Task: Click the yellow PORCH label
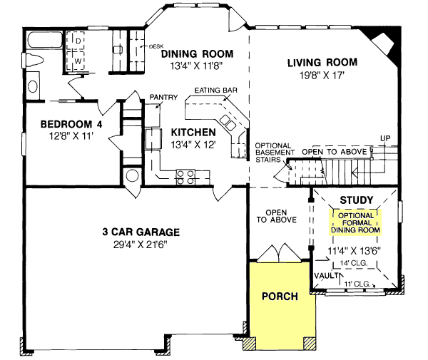(x=280, y=296)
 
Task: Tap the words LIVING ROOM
(x=322, y=63)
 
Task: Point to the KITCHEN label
(x=193, y=133)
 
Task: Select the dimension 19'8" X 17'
(x=322, y=75)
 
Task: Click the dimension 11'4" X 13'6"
(x=355, y=250)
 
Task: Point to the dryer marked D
(x=78, y=43)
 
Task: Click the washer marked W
(x=78, y=60)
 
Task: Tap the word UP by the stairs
(x=386, y=137)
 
